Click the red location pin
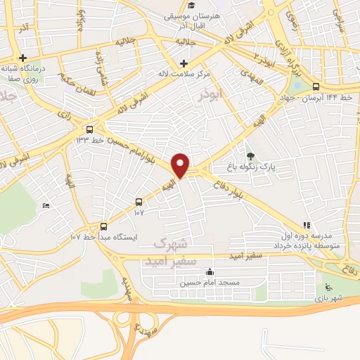coord(181,165)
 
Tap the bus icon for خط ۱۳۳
coord(89,130)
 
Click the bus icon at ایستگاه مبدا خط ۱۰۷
coord(104,226)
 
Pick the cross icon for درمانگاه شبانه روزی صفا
coord(23,58)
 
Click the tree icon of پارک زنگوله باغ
coord(251,156)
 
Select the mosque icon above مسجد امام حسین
coord(209,272)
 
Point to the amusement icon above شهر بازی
coord(328,287)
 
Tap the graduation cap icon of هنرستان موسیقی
coord(192,6)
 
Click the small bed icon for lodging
coord(46,205)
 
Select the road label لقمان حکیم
coord(78,71)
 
